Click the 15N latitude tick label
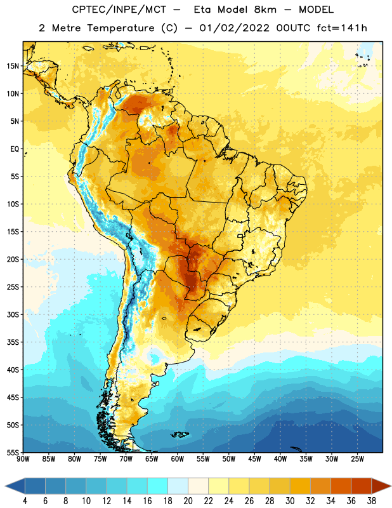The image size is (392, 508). pos(13,66)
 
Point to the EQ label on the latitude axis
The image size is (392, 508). pos(15,149)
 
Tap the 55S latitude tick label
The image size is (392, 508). pos(13,453)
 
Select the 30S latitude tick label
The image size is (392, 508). pos(13,314)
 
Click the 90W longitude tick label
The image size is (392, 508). pos(23,459)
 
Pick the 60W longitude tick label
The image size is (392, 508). pos(178,459)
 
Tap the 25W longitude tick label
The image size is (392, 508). pos(358,459)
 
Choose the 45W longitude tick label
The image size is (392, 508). pos(255,459)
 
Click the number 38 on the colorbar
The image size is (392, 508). pos(372,501)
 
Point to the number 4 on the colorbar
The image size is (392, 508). pos(25,501)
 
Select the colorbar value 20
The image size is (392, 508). pos(188,501)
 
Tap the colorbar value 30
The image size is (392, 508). pos(290,501)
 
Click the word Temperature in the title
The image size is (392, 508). pos(121,28)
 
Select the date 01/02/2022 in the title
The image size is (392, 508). pos(235,28)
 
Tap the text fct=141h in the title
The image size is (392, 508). pos(342,28)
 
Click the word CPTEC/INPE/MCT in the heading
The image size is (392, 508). pos(119,10)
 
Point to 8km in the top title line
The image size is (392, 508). pos(265,10)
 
